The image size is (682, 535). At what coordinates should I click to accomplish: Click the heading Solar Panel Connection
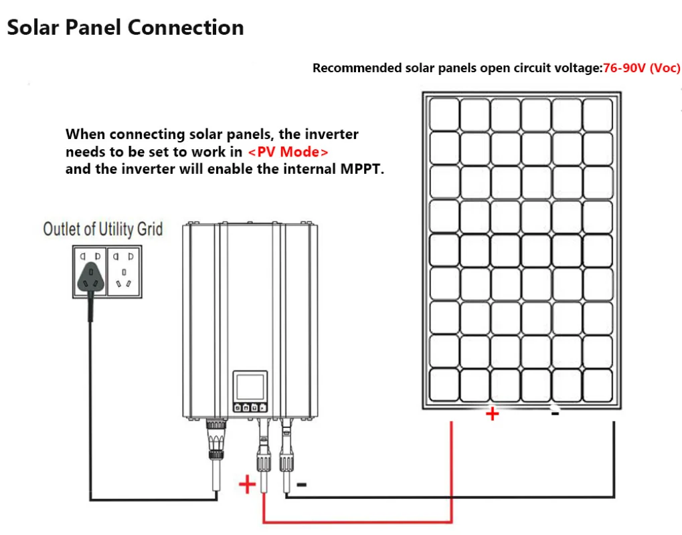tap(125, 27)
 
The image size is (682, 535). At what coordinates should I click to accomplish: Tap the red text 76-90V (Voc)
tap(642, 68)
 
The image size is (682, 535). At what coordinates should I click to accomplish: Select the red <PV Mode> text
tap(288, 152)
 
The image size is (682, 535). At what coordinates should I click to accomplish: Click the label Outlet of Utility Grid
tap(103, 229)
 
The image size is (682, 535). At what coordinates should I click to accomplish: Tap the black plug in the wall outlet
tap(91, 278)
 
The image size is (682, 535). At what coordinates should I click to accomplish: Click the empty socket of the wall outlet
tap(124, 272)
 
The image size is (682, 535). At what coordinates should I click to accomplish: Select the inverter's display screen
tap(250, 386)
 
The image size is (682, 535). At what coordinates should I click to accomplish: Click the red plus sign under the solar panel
tap(493, 414)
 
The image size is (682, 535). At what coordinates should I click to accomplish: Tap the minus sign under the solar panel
tap(555, 413)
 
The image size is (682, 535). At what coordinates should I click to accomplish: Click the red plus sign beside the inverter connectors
tap(248, 484)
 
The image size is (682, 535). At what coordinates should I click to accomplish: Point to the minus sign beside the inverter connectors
tap(301, 484)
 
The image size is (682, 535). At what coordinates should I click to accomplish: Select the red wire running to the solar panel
tap(357, 521)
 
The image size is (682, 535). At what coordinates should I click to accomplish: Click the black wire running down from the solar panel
tap(450, 496)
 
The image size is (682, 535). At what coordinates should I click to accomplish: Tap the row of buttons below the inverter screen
tap(250, 408)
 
